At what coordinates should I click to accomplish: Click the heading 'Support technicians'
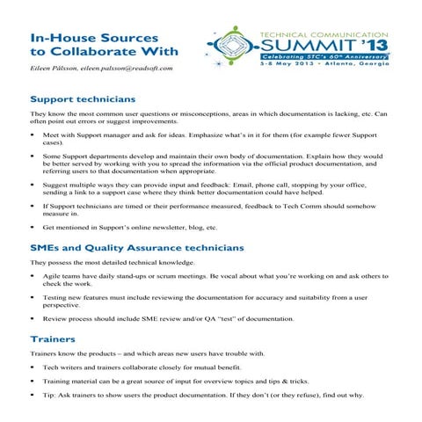click(83, 98)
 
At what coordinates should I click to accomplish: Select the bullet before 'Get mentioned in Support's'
click(33, 226)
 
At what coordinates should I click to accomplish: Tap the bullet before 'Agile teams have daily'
click(33, 276)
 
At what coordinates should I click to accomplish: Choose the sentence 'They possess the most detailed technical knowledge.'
click(112, 263)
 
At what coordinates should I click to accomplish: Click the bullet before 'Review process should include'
click(33, 318)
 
